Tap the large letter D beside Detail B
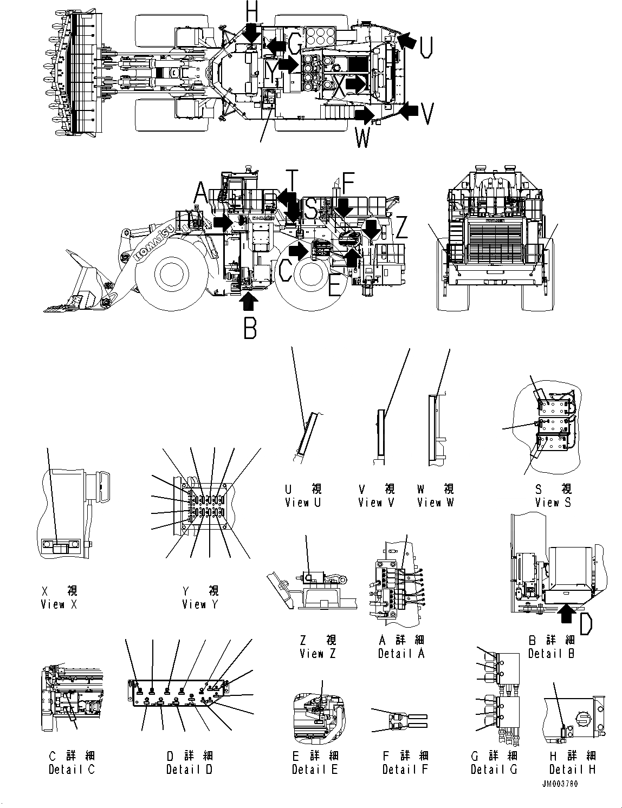click(x=586, y=623)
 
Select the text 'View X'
click(x=59, y=604)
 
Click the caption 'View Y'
click(x=200, y=604)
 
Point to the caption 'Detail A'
click(x=401, y=654)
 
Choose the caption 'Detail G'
click(x=494, y=769)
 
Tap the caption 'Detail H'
click(x=572, y=769)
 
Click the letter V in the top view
click(x=427, y=114)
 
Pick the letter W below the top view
click(x=362, y=137)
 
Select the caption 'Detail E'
click(x=315, y=769)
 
